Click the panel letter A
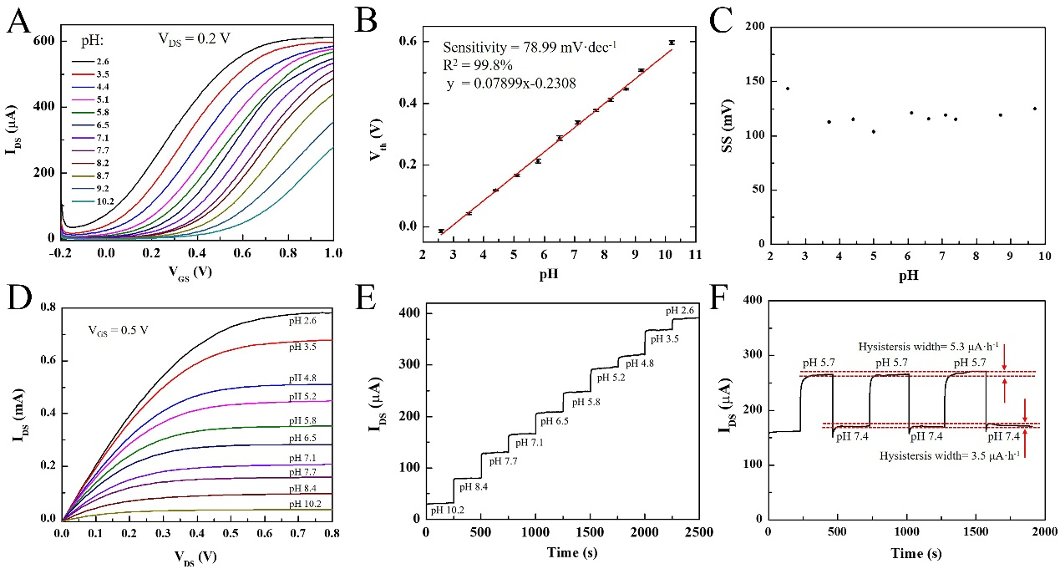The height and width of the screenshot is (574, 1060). (x=19, y=23)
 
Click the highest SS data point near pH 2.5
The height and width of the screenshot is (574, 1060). (x=787, y=89)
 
